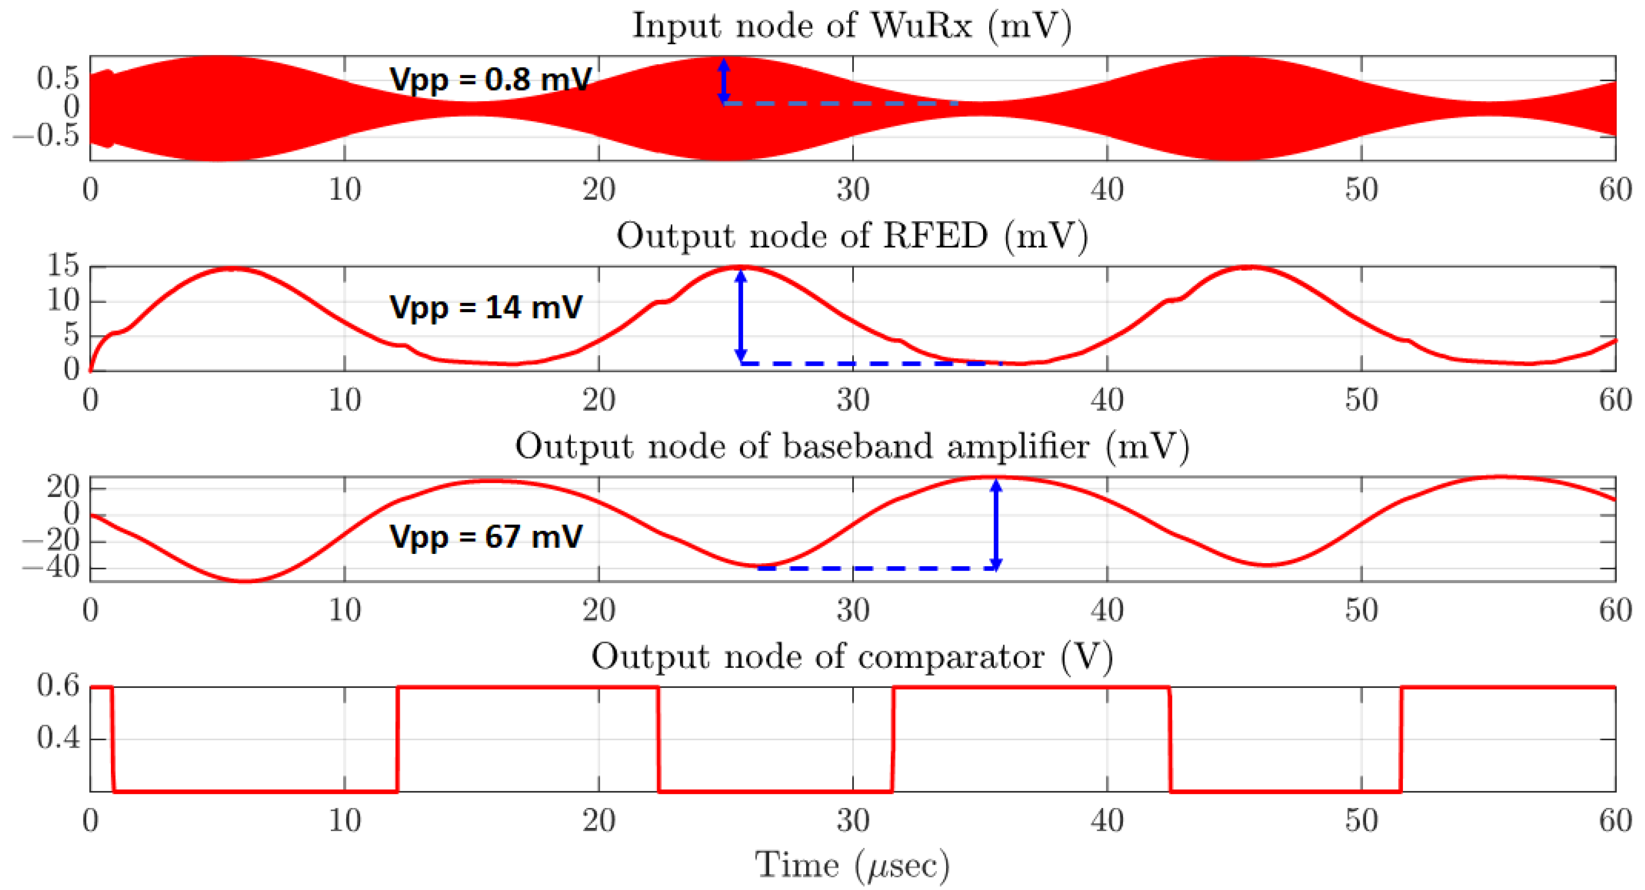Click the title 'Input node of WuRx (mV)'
(852, 27)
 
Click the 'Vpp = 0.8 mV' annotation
(490, 80)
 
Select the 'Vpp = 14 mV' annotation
(486, 307)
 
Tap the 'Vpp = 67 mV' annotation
(486, 536)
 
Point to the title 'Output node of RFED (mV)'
(852, 237)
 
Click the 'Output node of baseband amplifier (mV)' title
(852, 447)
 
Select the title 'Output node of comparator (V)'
(852, 657)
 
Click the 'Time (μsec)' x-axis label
(852, 866)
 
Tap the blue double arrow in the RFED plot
(741, 316)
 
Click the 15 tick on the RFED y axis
(63, 266)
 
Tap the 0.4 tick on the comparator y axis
(59, 739)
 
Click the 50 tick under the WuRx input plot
(1362, 190)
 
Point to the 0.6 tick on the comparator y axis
(59, 686)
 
